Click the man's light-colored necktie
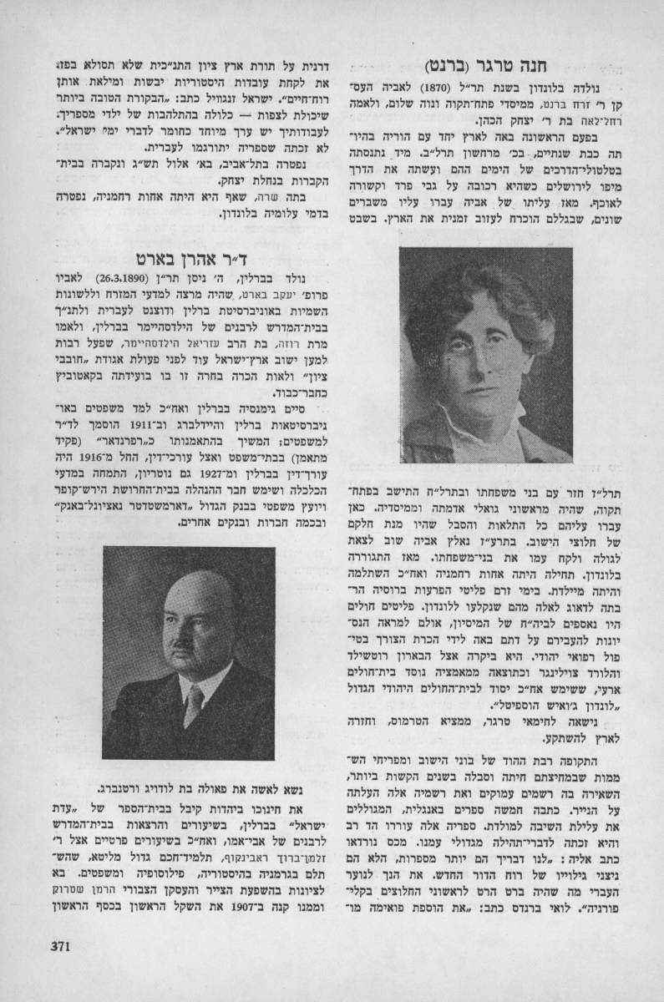[x=194, y=706]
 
